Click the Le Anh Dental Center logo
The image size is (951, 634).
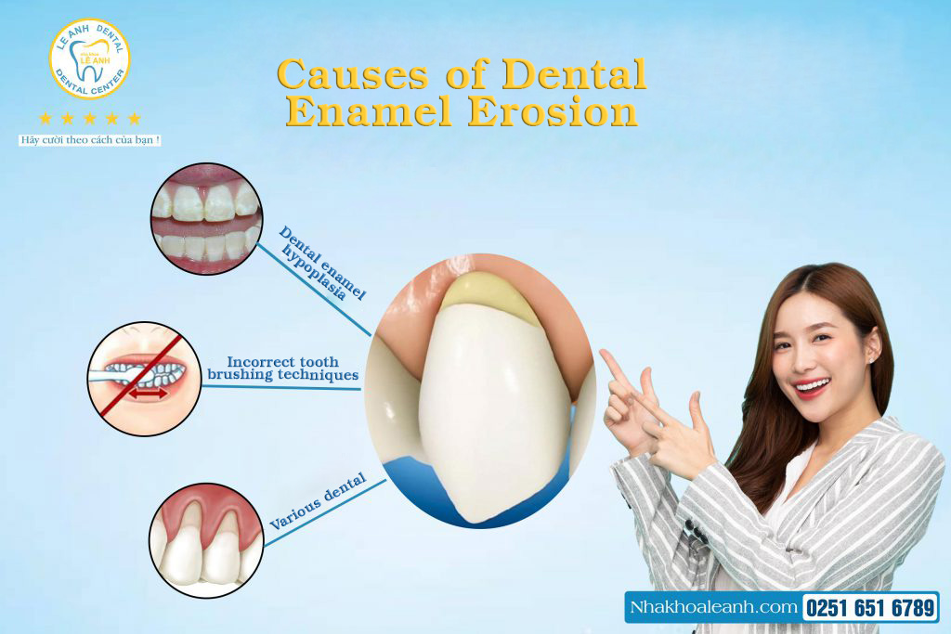pyautogui.click(x=90, y=58)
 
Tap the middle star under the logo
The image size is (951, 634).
pyautogui.click(x=90, y=118)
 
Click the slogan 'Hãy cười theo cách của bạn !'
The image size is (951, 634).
pyautogui.click(x=90, y=140)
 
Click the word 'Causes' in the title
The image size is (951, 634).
pyautogui.click(x=352, y=74)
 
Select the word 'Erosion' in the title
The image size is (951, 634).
pyautogui.click(x=553, y=111)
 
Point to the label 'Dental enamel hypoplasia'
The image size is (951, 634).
pyautogui.click(x=322, y=265)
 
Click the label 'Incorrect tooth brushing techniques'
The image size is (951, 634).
pyautogui.click(x=282, y=368)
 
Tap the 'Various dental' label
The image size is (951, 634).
pyautogui.click(x=318, y=500)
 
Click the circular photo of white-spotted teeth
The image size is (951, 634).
pyautogui.click(x=206, y=218)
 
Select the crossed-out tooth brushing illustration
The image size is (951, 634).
pyautogui.click(x=144, y=379)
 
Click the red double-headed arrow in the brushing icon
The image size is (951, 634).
pyautogui.click(x=148, y=394)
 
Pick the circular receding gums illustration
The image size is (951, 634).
pyautogui.click(x=206, y=540)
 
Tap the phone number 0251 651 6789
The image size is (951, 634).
pyautogui.click(x=870, y=607)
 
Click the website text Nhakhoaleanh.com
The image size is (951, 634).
pyautogui.click(x=713, y=607)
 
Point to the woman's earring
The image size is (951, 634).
pyautogui.click(x=871, y=359)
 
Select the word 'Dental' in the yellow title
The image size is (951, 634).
pyautogui.click(x=574, y=74)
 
